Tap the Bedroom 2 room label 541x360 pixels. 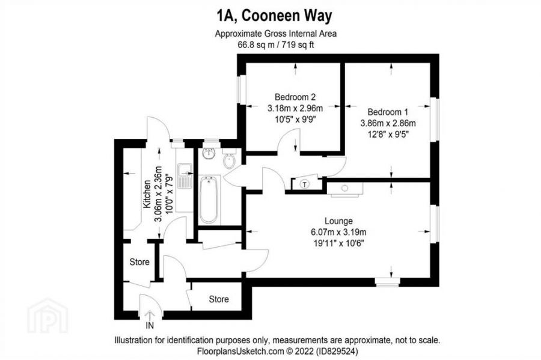coord(295,97)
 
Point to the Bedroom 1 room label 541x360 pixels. coord(388,112)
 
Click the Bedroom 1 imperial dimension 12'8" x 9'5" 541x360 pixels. coord(388,134)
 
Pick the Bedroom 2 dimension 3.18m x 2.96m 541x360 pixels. coord(295,108)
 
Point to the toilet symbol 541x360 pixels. coord(229,160)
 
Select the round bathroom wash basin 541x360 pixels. coord(210,153)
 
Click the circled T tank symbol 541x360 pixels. coord(305,184)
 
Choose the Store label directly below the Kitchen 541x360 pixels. coord(139,262)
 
